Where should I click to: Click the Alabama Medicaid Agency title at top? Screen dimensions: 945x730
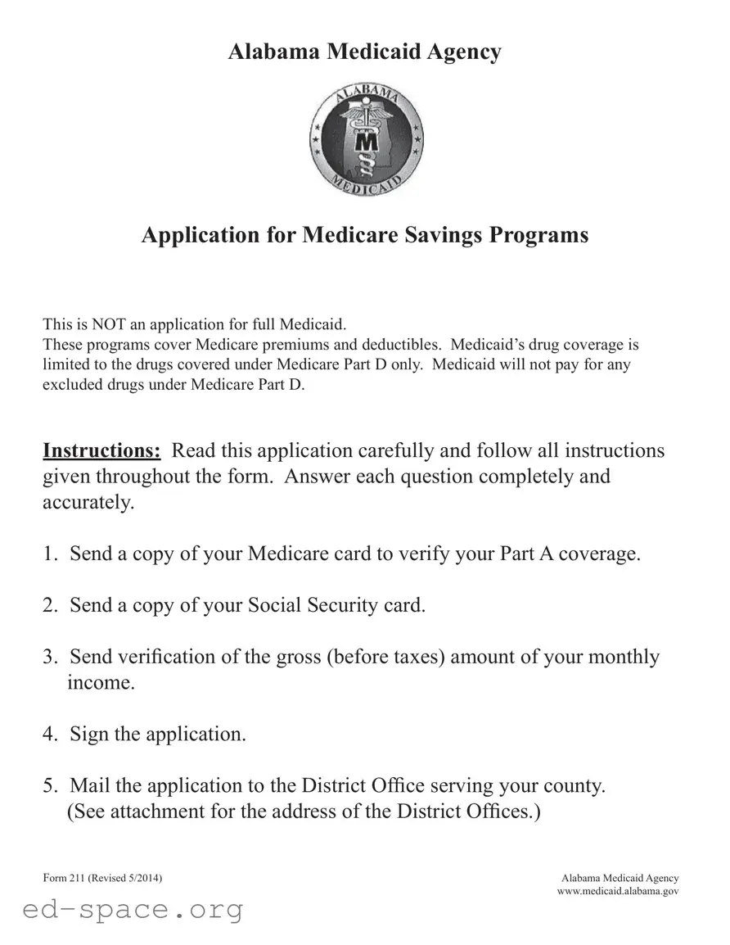pyautogui.click(x=364, y=52)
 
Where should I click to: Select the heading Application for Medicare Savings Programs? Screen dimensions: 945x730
pyautogui.click(x=364, y=235)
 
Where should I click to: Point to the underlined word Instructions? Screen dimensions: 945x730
pyautogui.click(x=101, y=450)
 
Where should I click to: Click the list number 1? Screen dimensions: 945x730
pyautogui.click(x=49, y=554)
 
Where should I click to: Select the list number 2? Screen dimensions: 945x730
pyautogui.click(x=49, y=606)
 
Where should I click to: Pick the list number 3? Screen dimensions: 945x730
pyautogui.click(x=49, y=658)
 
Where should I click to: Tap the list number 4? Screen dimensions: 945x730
pyautogui.click(x=49, y=735)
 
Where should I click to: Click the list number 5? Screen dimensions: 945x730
pyautogui.click(x=49, y=786)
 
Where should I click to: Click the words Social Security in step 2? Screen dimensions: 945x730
pyautogui.click(x=313, y=606)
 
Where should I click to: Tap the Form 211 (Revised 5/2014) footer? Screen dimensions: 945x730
pyautogui.click(x=102, y=878)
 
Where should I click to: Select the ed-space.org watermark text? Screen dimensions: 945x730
pyautogui.click(x=133, y=910)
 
